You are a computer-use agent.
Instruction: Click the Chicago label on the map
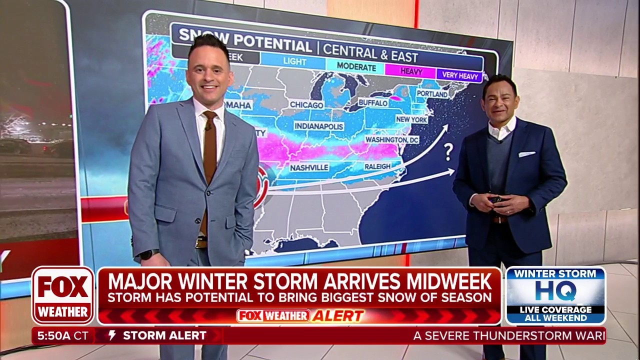(x=306, y=105)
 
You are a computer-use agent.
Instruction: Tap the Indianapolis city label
(x=318, y=126)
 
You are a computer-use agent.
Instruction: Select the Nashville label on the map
(x=309, y=167)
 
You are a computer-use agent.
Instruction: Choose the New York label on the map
(x=411, y=120)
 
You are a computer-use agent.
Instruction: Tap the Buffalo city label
(x=373, y=102)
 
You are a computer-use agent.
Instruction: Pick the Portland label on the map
(x=432, y=93)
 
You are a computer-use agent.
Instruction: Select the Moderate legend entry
(x=356, y=66)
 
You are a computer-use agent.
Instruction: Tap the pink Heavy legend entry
(x=411, y=71)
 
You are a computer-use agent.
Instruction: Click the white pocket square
(x=527, y=154)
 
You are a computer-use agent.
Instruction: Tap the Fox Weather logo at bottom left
(x=63, y=295)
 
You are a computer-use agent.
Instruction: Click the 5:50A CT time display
(x=62, y=336)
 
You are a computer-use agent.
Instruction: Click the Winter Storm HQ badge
(x=555, y=295)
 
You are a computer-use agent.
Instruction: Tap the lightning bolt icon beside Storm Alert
(x=112, y=335)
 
